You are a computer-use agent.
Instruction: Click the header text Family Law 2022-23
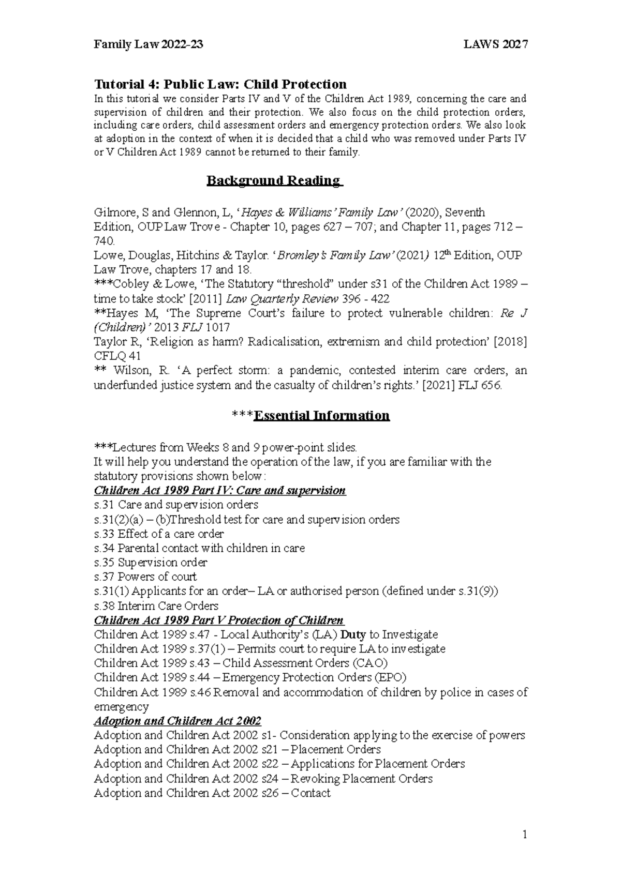point(148,44)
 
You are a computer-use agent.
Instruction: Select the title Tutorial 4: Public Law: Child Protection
point(220,84)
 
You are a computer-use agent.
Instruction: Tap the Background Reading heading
point(274,180)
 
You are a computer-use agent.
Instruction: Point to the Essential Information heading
point(321,416)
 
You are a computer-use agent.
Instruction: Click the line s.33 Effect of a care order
point(159,534)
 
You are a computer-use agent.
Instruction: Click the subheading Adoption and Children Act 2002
point(178,721)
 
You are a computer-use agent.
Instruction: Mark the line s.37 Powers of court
point(145,577)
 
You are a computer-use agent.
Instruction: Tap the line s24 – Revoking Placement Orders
point(263,779)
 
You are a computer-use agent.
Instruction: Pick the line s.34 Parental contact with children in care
point(199,548)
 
